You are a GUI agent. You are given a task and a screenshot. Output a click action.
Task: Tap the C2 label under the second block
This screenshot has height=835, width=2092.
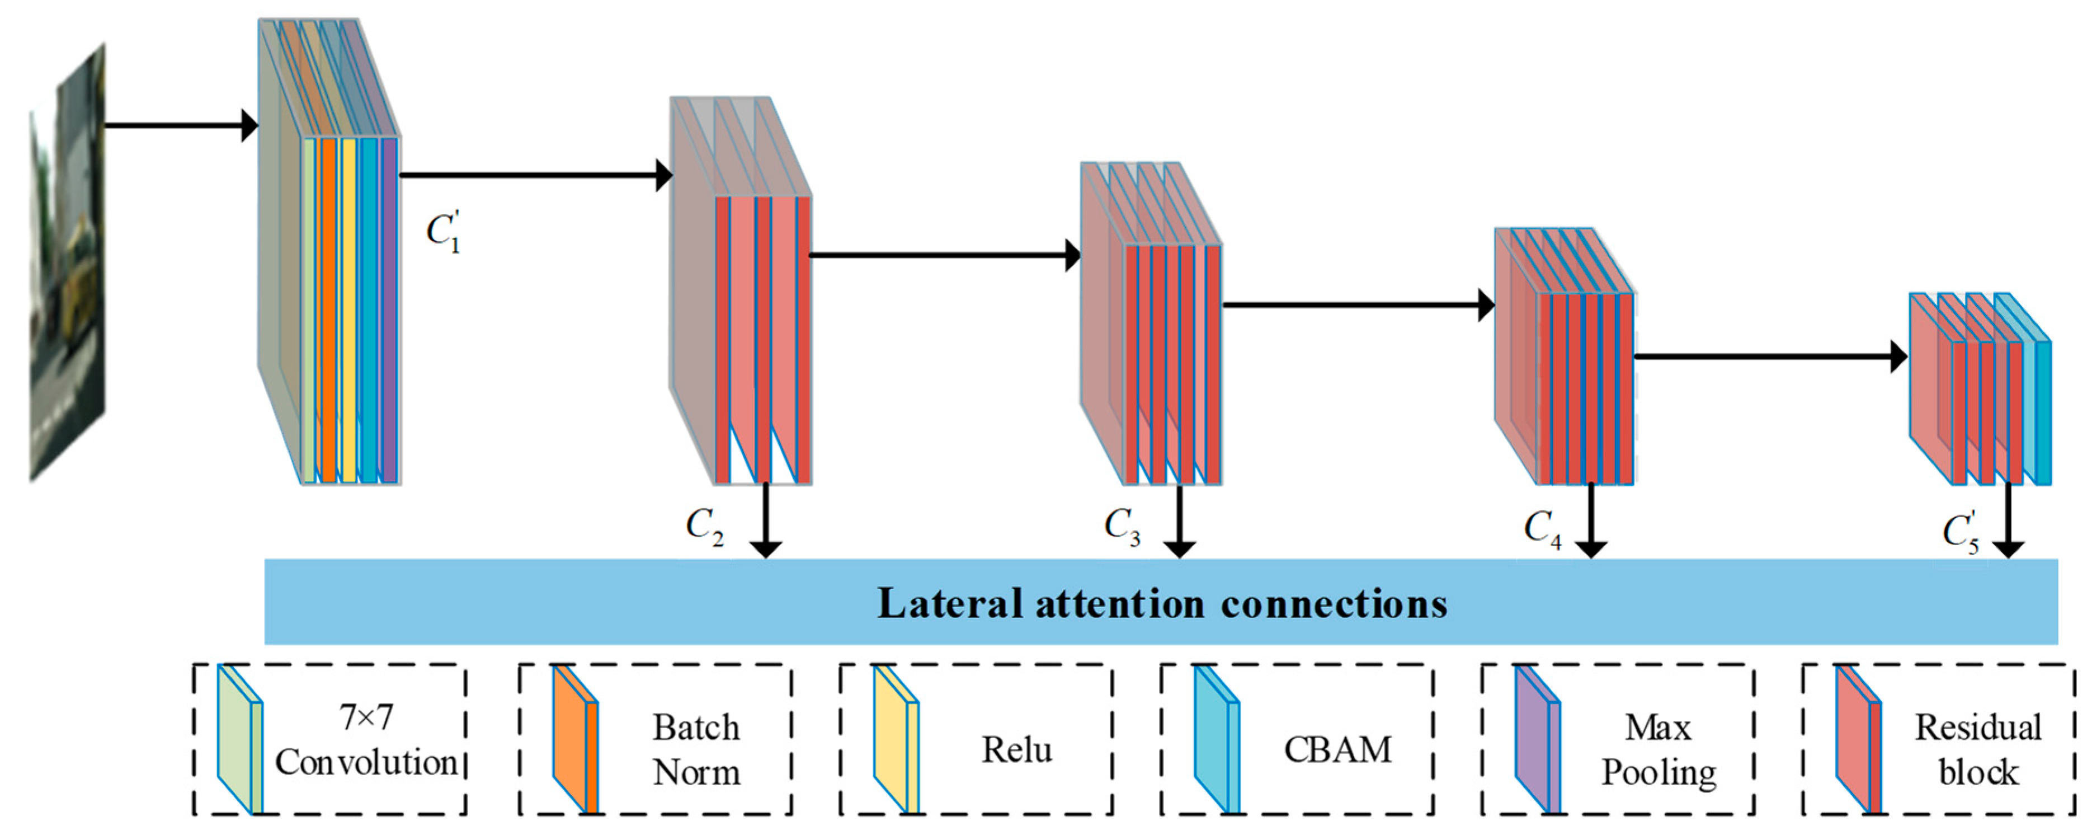pyautogui.click(x=703, y=526)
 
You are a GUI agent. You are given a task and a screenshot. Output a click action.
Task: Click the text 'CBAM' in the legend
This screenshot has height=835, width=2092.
pyautogui.click(x=1337, y=749)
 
